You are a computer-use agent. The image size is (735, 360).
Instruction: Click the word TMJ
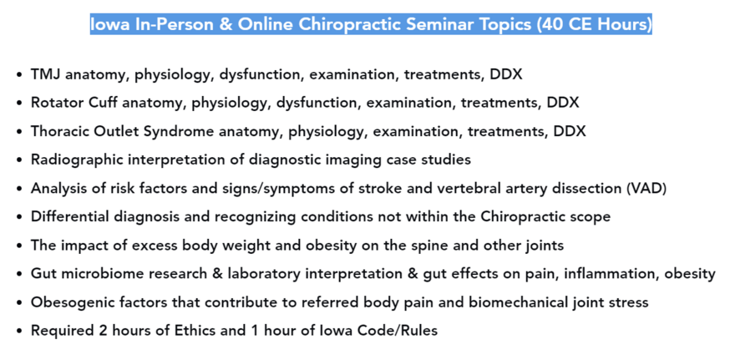tap(46, 74)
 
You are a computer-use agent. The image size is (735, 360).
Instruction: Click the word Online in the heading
tap(265, 24)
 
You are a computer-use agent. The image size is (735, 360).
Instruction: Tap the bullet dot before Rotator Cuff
tap(19, 103)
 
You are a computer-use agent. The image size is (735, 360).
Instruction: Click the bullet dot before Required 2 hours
tap(19, 332)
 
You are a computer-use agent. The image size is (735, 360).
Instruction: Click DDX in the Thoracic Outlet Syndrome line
tap(570, 131)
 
